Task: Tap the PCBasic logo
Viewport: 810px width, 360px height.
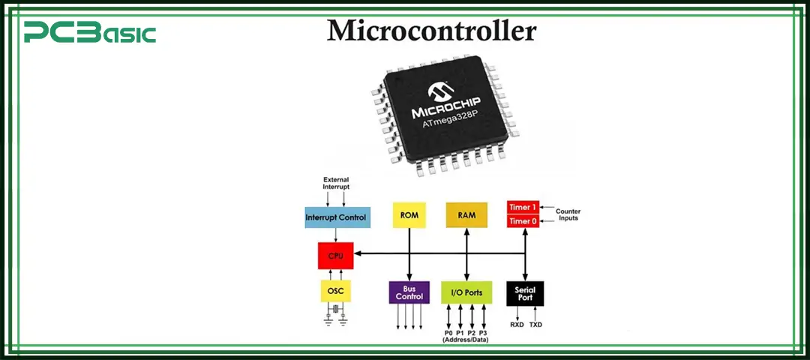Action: tap(89, 33)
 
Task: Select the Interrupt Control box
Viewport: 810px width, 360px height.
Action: tap(336, 217)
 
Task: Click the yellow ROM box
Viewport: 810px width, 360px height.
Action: tap(409, 215)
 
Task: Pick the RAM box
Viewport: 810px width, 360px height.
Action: tap(466, 215)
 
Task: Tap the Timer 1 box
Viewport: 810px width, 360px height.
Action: tap(523, 207)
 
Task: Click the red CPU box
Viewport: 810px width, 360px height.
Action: tap(335, 256)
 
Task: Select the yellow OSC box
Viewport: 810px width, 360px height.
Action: tap(335, 289)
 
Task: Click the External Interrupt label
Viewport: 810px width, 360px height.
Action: tap(335, 183)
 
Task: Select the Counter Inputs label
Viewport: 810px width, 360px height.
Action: tap(568, 214)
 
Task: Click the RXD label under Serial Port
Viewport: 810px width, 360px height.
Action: tap(517, 325)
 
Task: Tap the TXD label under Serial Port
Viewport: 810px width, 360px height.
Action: tap(536, 325)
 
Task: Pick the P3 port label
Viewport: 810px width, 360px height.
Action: tap(483, 332)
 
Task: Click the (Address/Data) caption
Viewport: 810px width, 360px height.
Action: tap(466, 340)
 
